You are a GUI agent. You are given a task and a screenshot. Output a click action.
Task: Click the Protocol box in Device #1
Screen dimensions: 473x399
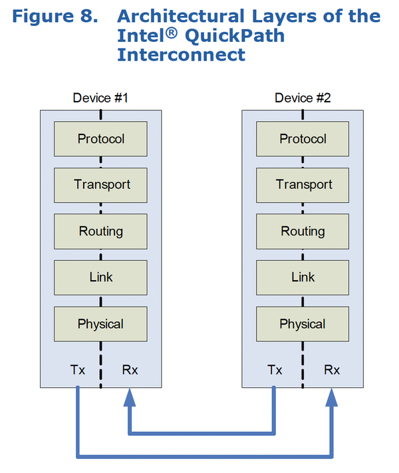tap(100, 139)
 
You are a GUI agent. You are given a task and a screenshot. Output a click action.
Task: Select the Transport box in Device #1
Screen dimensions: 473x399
tap(100, 185)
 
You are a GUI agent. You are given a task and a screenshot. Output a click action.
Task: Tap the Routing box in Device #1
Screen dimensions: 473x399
tap(100, 232)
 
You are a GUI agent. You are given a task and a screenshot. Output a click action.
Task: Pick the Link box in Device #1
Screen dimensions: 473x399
tap(100, 277)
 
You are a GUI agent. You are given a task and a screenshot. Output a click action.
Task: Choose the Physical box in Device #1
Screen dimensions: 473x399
tap(100, 324)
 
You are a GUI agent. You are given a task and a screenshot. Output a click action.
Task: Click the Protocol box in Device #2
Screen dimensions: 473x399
tap(303, 139)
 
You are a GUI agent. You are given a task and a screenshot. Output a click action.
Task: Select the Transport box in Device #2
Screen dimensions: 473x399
tap(303, 185)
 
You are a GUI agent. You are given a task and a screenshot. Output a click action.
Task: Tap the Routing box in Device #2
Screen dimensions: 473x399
tap(303, 232)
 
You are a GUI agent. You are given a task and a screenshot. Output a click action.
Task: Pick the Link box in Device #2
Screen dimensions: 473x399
tap(303, 277)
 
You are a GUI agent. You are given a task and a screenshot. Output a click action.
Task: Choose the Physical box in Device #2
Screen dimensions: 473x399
tap(303, 324)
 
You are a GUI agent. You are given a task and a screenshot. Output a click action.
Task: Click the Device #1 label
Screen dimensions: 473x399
tap(100, 98)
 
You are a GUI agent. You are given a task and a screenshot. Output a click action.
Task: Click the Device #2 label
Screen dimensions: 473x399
tap(303, 98)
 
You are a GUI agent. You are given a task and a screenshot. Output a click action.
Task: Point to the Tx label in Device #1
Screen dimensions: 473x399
tap(78, 370)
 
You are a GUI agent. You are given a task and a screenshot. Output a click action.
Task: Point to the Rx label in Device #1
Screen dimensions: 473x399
tap(130, 370)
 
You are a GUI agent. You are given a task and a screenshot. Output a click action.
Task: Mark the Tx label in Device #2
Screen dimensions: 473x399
tap(275, 370)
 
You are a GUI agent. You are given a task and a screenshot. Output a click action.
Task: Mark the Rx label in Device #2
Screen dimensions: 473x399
tap(332, 370)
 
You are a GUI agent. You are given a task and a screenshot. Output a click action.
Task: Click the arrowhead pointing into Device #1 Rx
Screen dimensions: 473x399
tap(130, 397)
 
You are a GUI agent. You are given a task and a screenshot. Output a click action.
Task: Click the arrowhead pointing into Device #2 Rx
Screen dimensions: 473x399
tap(332, 397)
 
